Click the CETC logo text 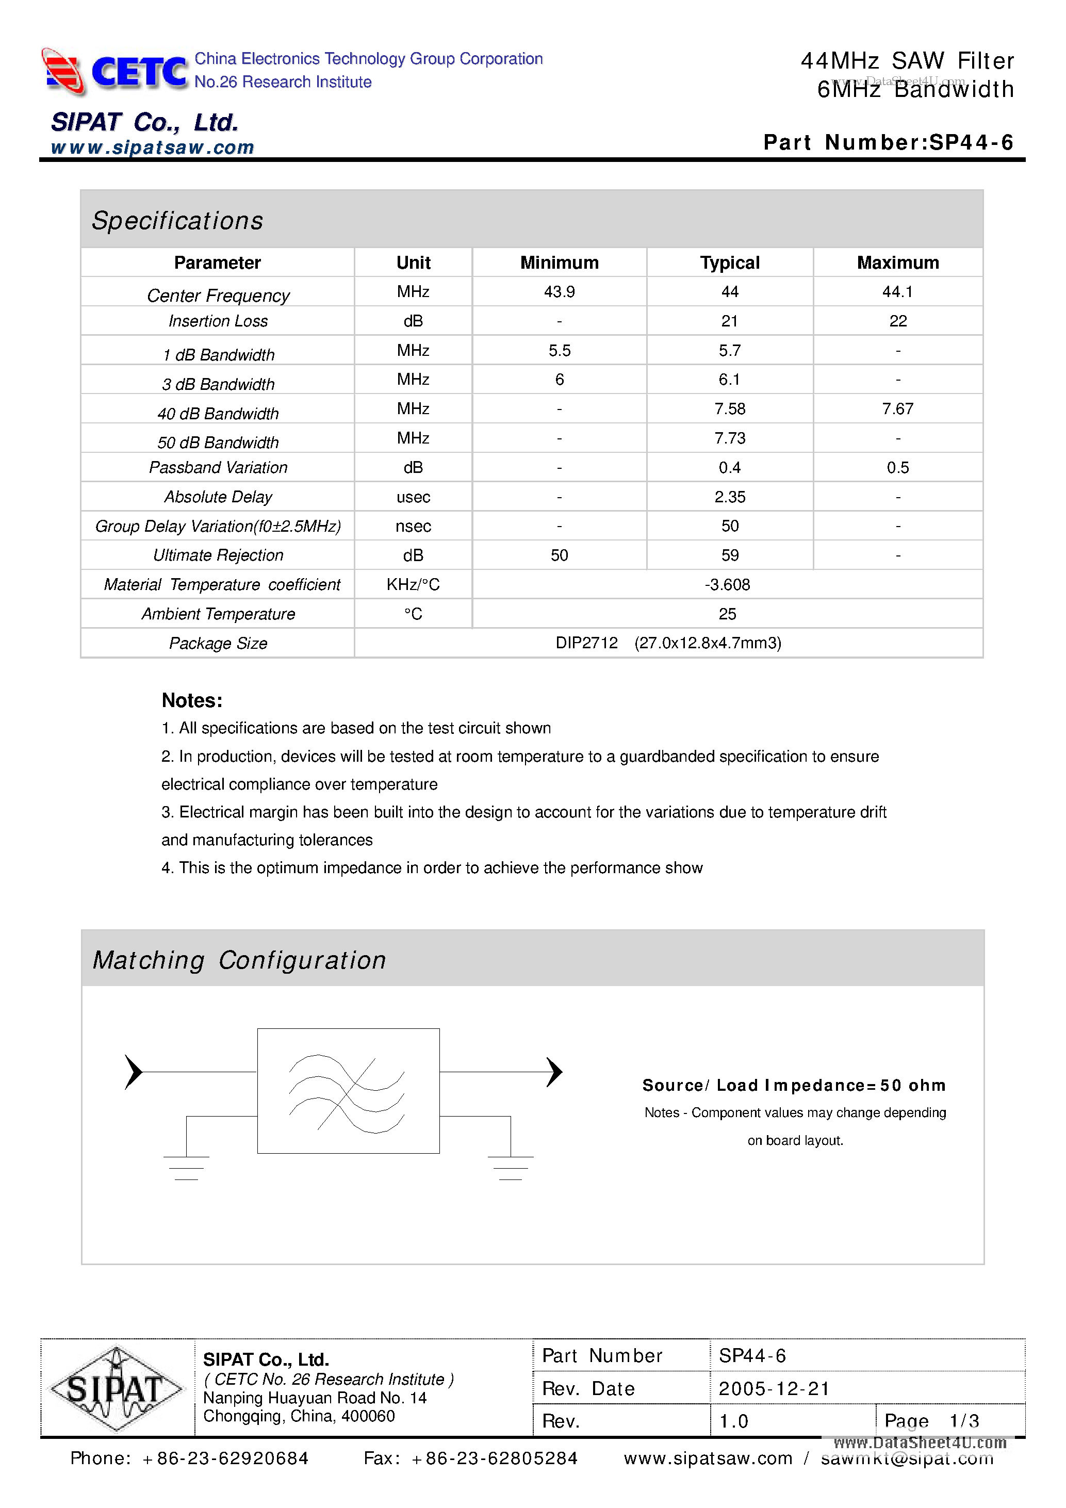(139, 72)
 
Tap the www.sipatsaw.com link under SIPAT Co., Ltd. (152, 147)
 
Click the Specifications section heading (177, 221)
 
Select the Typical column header (729, 263)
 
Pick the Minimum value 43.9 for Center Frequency (559, 291)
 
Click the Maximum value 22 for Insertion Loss (897, 321)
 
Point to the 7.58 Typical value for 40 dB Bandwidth (729, 408)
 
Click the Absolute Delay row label (218, 497)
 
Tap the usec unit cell (413, 497)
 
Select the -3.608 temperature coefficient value (727, 584)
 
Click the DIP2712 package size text (586, 643)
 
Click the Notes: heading (192, 701)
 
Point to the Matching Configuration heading (239, 960)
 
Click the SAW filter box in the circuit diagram (348, 1090)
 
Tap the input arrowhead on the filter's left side (134, 1072)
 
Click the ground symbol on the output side (511, 1167)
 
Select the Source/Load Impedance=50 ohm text (793, 1085)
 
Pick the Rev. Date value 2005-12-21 (774, 1388)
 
